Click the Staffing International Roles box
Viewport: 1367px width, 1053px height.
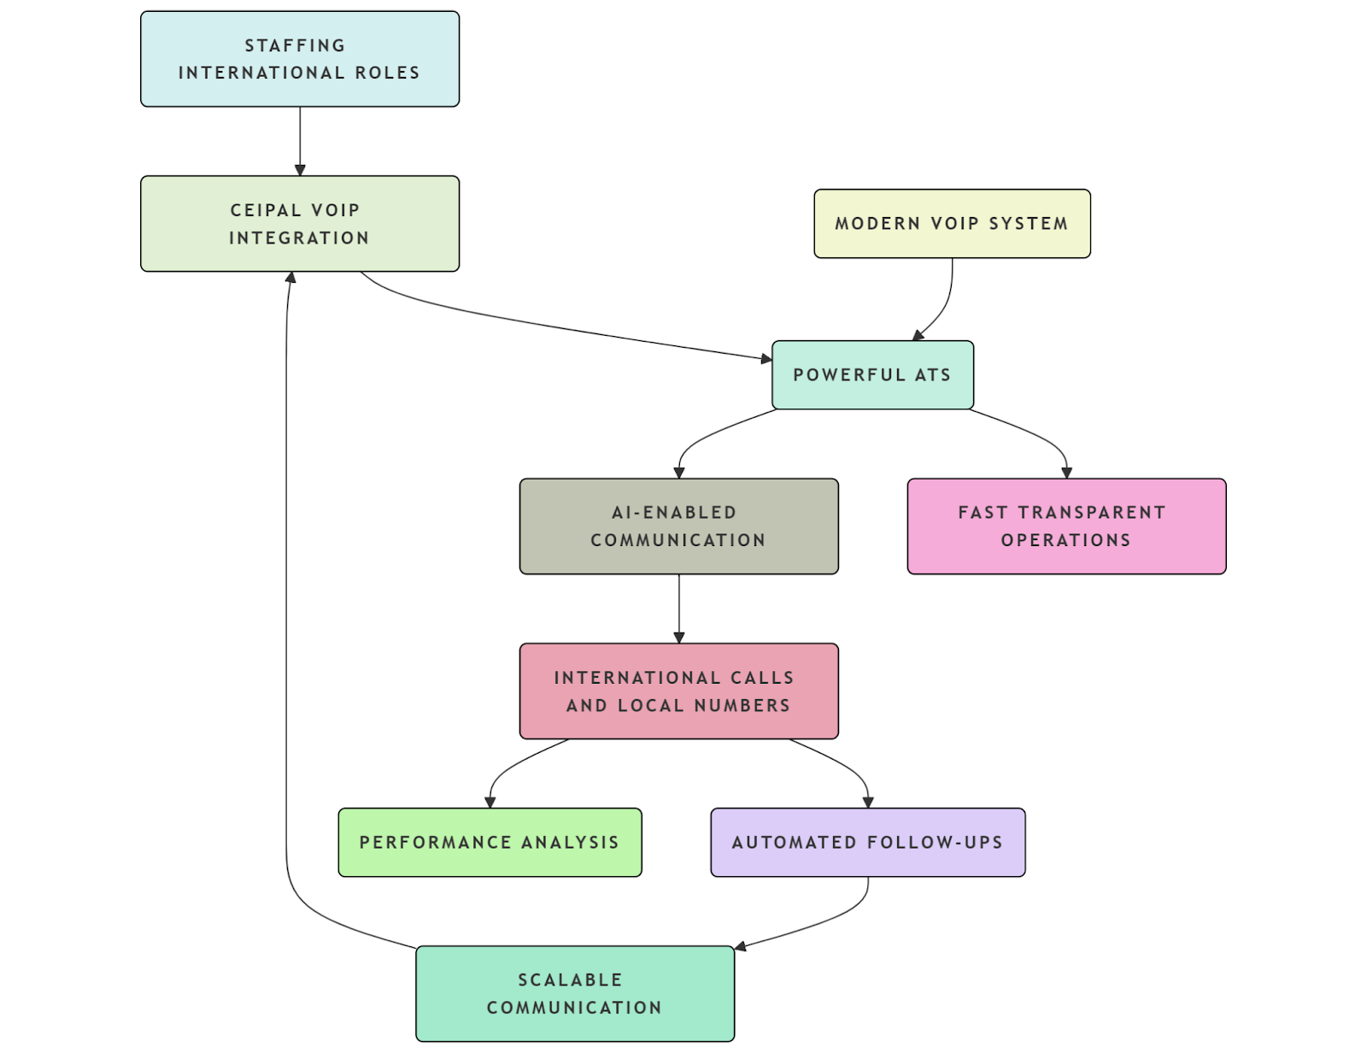coord(299,59)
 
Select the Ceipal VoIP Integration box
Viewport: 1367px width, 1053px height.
coord(299,224)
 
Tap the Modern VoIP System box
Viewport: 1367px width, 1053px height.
coord(952,224)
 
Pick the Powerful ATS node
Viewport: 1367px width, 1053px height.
coord(872,375)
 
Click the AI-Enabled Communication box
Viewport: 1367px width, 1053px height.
coord(678,526)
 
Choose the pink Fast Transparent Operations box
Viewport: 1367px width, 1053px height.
coord(1065,526)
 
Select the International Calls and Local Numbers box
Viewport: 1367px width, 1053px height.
coord(678,691)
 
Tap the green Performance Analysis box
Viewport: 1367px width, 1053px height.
coord(490,843)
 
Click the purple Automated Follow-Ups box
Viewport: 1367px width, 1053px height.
coord(867,843)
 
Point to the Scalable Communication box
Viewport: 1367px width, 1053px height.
coord(574,993)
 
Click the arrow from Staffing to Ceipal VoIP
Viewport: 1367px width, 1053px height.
coord(300,141)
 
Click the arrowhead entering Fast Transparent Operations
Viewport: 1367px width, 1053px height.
coord(1066,472)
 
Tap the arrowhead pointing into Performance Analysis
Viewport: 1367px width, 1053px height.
coord(490,802)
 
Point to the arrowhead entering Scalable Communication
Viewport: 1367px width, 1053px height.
coord(741,945)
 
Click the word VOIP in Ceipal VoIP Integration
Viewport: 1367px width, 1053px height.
coord(335,210)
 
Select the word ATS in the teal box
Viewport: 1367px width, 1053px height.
coord(932,375)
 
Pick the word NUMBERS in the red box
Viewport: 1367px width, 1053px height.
coord(742,706)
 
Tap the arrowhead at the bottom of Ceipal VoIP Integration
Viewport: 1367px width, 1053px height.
coord(291,278)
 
